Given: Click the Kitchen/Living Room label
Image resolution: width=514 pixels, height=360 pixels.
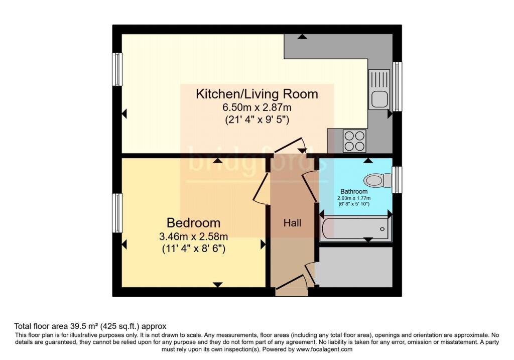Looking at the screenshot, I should pos(256,94).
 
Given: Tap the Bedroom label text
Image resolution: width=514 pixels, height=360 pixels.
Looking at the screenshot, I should pos(193,223).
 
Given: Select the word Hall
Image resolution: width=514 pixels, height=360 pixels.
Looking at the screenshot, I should pos(292,223).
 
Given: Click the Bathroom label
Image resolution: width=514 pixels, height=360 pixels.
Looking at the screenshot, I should pos(354,191).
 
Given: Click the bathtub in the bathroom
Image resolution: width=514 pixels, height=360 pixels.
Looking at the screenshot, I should pos(354,229).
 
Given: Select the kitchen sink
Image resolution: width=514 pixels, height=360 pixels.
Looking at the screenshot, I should pos(379,89).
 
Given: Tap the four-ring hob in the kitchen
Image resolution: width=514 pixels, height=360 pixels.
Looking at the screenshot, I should pos(354,141).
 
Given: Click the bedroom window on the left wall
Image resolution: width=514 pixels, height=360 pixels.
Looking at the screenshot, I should pos(117,213).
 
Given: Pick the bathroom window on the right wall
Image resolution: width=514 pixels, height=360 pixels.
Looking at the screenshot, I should pos(397,180).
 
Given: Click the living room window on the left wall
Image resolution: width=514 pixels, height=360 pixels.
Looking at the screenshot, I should pos(117,70).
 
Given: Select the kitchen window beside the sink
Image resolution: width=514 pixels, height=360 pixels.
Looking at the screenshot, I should pos(397,86).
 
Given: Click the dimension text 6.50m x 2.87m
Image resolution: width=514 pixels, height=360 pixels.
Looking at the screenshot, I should pos(256,107).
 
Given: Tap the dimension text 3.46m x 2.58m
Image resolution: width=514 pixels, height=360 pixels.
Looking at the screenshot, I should pos(193,236).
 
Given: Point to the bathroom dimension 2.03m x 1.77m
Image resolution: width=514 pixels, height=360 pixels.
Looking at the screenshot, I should pos(354,199).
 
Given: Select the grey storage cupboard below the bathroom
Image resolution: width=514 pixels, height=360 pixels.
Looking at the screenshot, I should pos(354,267).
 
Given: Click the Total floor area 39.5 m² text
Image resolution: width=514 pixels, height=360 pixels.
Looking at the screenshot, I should pos(90,326).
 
